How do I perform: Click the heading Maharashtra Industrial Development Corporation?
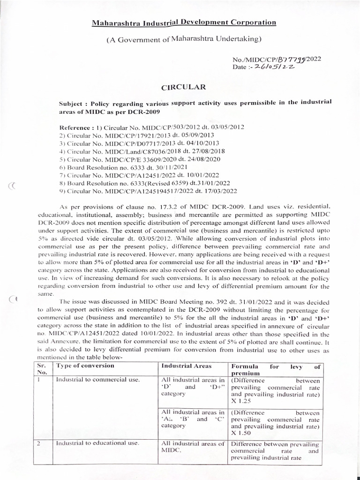pyautogui.click(x=177, y=22)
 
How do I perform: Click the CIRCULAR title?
pyautogui.click(x=177, y=87)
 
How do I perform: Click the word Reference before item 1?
pyautogui.click(x=75, y=127)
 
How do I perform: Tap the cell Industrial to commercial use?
pyautogui.click(x=98, y=379)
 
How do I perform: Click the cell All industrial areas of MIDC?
pyautogui.click(x=193, y=447)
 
